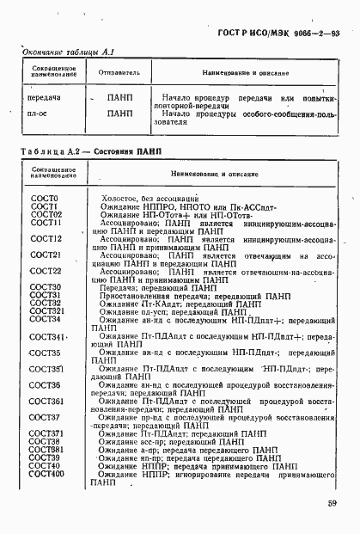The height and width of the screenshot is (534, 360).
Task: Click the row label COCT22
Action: (45, 271)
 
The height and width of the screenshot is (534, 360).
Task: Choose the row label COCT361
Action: (47, 401)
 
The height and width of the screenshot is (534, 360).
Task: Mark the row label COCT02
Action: (46, 214)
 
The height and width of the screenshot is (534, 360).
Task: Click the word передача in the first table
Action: (42, 98)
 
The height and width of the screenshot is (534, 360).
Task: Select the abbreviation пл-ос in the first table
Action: (38, 114)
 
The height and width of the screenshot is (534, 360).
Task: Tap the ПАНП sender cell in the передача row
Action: (119, 98)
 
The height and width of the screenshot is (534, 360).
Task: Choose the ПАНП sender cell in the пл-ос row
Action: (119, 114)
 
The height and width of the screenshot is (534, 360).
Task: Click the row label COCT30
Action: (45, 286)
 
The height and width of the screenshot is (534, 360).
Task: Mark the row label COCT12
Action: (46, 238)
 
